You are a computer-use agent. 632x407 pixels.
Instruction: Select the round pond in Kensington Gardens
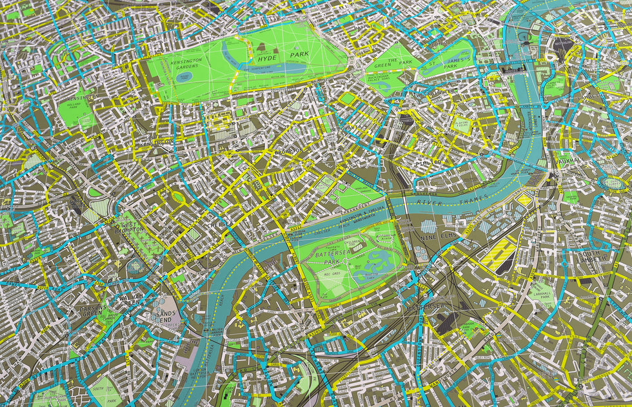pyautogui.click(x=184, y=77)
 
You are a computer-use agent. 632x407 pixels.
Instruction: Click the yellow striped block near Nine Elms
pyautogui.click(x=500, y=255)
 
